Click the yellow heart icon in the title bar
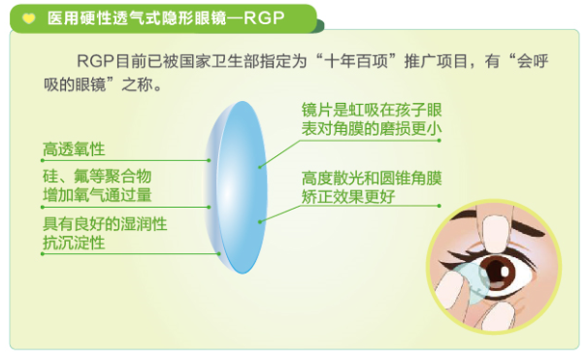(29, 16)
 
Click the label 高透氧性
(74, 149)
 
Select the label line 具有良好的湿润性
(105, 223)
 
